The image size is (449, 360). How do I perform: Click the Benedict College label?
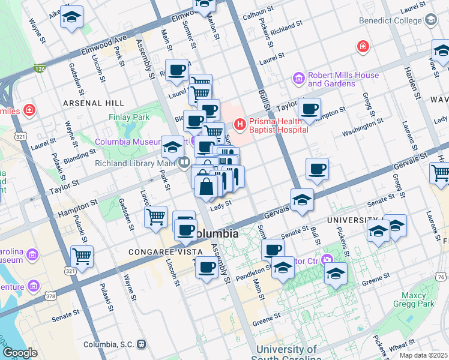[390, 20]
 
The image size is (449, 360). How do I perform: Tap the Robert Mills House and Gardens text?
[343, 79]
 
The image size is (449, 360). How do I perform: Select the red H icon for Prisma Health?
[240, 124]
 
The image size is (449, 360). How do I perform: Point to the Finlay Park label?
[128, 117]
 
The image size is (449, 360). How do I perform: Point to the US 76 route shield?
[441, 277]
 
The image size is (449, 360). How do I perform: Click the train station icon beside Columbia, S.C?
[142, 344]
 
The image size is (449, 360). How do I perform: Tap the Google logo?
[20, 353]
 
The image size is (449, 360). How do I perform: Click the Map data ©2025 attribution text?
[423, 355]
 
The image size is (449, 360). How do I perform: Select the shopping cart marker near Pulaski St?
[82, 256]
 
